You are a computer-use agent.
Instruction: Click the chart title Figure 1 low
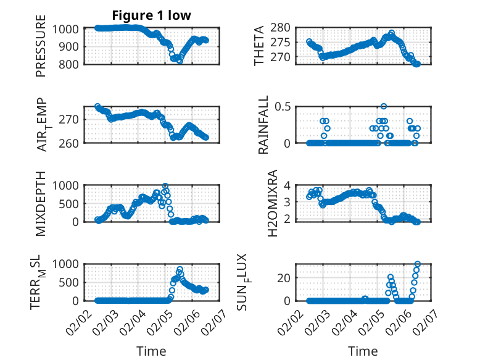pos(151,15)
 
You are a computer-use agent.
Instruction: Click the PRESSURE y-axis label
pos(41,49)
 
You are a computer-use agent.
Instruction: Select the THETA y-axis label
pos(259,46)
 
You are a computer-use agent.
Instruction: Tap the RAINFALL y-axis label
pos(263,125)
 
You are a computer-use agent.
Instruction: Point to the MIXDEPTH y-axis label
pos(41,203)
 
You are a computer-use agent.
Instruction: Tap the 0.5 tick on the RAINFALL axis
pos(283,107)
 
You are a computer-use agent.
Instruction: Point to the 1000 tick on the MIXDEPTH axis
pos(69,185)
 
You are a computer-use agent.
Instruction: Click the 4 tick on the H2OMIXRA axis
pos(287,185)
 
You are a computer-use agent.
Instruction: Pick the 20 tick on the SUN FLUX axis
pos(284,278)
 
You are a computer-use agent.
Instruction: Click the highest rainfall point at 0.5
pos(384,107)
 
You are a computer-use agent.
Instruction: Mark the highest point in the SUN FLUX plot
pos(418,264)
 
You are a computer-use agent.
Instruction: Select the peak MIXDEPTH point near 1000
pos(165,186)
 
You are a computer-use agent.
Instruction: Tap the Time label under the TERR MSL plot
pos(151,351)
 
